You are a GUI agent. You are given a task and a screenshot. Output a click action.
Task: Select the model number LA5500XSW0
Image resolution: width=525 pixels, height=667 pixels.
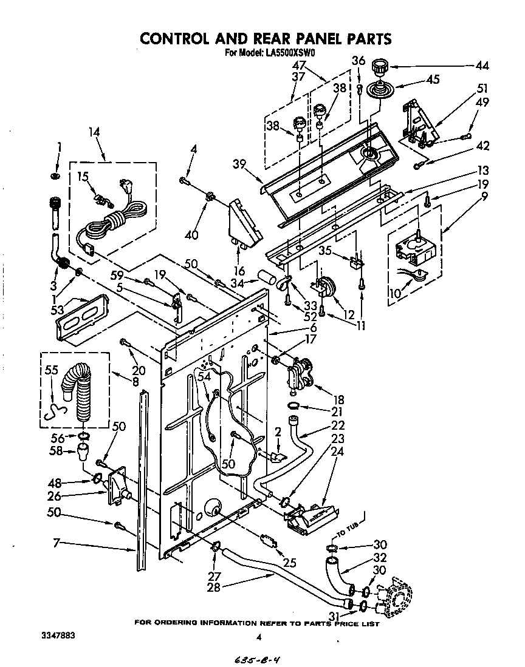coord(289,53)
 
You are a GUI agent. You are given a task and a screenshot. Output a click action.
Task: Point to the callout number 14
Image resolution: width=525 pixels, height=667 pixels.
coord(94,132)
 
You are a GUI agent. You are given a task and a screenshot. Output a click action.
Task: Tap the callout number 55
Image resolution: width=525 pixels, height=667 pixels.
coord(52,370)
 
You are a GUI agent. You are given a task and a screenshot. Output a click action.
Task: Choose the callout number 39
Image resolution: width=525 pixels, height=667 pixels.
coord(239,164)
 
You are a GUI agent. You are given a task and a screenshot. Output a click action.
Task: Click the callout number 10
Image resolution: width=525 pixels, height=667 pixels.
coord(395,293)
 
